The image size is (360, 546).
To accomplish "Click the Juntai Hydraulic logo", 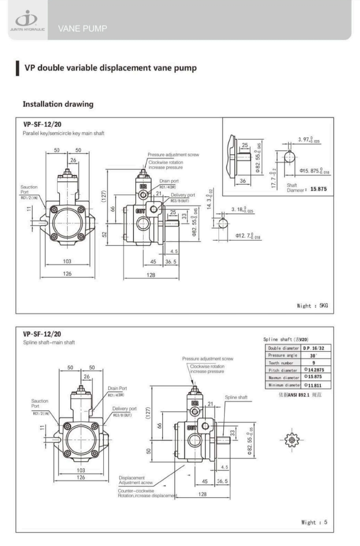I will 26,20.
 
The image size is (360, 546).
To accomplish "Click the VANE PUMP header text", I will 82,28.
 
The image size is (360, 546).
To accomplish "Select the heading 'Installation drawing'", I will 58,104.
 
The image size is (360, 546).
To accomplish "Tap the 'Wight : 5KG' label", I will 312,305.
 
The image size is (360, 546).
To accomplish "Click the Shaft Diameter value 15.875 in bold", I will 318,189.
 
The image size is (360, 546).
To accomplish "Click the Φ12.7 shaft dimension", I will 248,236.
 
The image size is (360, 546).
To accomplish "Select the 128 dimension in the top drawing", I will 151,275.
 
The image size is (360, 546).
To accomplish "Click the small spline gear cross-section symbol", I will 291,439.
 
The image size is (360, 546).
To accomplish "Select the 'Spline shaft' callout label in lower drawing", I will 236,397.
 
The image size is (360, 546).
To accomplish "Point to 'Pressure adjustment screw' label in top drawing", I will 173,155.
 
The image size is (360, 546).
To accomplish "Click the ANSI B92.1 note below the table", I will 300,394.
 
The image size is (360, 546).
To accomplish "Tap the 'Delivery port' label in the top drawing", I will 183,195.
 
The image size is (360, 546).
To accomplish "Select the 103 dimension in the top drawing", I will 67,261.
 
